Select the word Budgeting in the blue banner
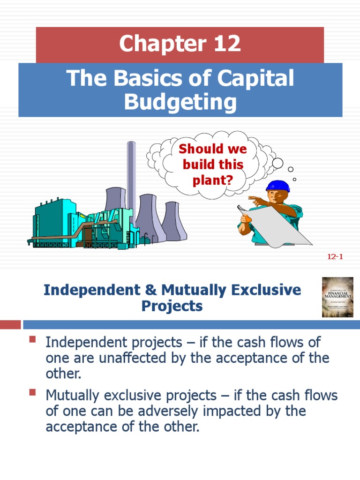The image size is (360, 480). click(180, 102)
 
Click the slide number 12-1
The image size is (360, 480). click(334, 256)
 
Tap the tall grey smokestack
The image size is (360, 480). click(131, 178)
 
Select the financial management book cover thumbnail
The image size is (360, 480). click(337, 297)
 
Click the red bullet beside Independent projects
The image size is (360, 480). click(32, 339)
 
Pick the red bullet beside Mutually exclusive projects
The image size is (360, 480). click(32, 392)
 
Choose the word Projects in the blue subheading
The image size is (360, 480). click(172, 306)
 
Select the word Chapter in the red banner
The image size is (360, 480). click(153, 44)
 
